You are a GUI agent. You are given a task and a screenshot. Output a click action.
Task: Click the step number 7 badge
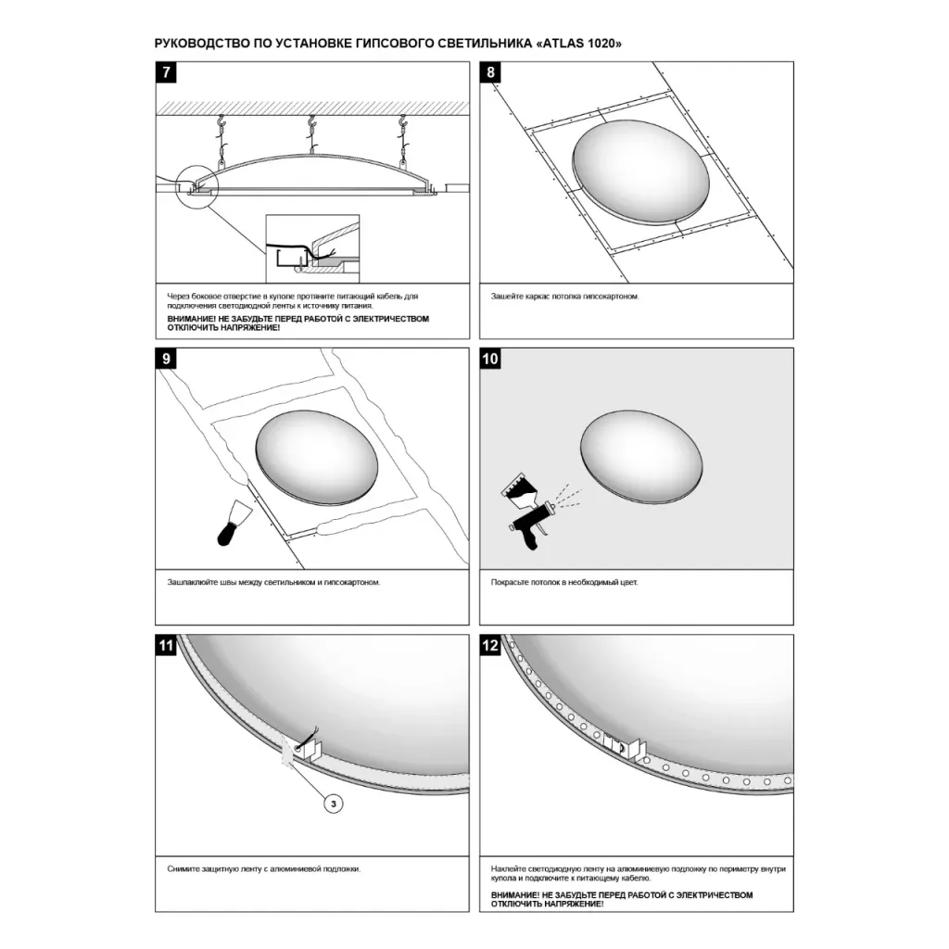167,72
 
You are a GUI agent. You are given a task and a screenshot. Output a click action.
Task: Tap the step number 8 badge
490,72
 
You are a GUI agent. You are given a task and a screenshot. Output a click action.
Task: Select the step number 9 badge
167,359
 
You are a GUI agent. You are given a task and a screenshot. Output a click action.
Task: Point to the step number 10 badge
490,359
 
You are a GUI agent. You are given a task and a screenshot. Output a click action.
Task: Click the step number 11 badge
167,645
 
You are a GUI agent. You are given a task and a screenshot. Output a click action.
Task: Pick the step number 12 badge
490,645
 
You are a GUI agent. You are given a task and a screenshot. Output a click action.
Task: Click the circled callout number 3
334,803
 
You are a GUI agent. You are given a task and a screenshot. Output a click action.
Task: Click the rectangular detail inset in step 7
313,248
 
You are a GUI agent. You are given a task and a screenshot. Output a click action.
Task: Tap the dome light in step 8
640,172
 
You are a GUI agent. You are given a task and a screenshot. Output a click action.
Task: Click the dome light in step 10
641,456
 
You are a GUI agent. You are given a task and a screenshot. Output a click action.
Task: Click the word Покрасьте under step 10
510,582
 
